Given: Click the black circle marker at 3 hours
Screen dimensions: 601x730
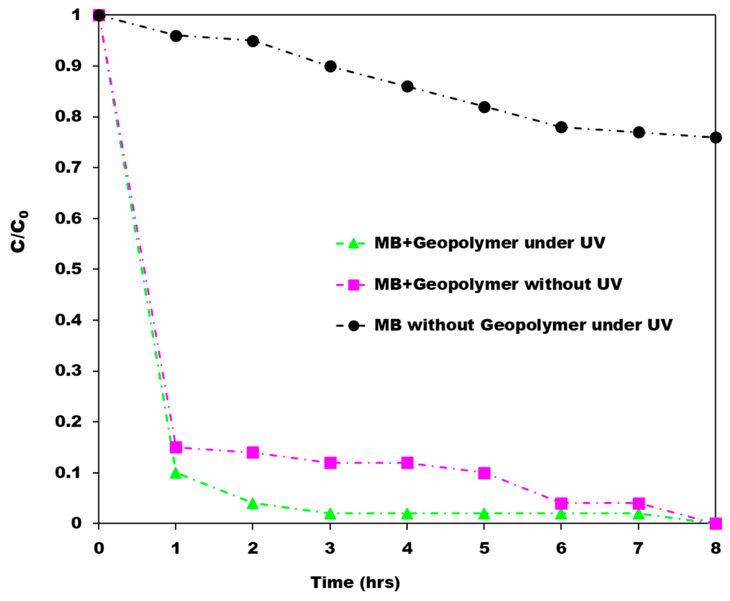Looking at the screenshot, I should pos(330,66).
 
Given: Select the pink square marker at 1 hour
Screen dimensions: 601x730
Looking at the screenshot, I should pos(176,447).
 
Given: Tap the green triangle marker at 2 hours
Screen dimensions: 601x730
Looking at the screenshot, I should pos(253,504).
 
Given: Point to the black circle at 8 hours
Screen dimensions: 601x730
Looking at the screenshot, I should pos(715,137).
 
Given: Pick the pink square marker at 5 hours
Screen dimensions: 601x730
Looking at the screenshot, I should pos(484,473).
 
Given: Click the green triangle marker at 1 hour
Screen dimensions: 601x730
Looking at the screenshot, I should pos(176,473).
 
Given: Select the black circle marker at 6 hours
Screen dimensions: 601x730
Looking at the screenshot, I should pos(561,127).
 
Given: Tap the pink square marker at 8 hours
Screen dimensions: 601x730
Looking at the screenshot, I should pos(715,523).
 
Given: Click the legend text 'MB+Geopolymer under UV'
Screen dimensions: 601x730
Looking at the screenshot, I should pos(490,243).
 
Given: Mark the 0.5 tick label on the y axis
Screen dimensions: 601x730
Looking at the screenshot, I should pos(68,269).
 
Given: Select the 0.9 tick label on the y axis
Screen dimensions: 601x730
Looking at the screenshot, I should pos(68,66).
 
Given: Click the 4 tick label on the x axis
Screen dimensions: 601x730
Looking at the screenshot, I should pos(407,548).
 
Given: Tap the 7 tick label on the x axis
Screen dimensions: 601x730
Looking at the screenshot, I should pos(638,548).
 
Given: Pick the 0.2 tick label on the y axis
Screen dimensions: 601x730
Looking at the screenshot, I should pos(68,422).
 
